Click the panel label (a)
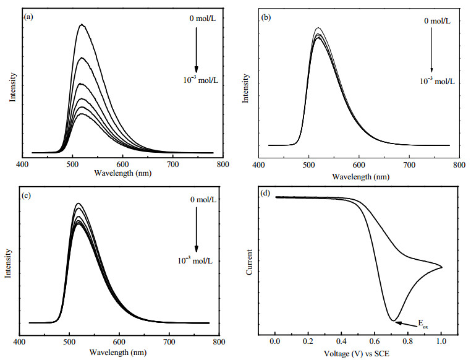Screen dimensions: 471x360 pyautogui.click(x=29, y=17)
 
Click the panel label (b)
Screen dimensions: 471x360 pyautogui.click(x=266, y=17)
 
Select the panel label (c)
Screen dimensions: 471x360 pyautogui.click(x=27, y=195)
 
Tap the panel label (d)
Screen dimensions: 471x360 pyautogui.click(x=266, y=192)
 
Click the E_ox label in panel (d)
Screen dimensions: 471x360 pyautogui.click(x=423, y=324)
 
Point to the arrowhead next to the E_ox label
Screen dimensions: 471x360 pyautogui.click(x=397, y=323)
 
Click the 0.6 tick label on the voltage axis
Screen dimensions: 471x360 pyautogui.click(x=375, y=341)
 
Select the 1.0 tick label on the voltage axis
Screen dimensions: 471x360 pyautogui.click(x=441, y=341)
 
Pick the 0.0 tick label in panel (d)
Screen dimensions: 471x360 pyautogui.click(x=275, y=341)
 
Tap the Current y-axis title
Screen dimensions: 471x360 pyautogui.click(x=249, y=262)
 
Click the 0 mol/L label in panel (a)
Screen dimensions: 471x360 pyautogui.click(x=203, y=19)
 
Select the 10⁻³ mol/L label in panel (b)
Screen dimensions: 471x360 pyautogui.click(x=437, y=81)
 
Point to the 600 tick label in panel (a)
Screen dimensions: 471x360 pyautogui.click(x=122, y=165)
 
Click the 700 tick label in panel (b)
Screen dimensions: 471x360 pyautogui.click(x=409, y=165)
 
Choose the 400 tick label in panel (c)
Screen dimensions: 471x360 pyautogui.click(x=20, y=342)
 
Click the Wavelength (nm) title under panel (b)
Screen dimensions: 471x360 pyautogui.click(x=360, y=177)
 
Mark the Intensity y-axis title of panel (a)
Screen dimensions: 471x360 pyautogui.click(x=12, y=87)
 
